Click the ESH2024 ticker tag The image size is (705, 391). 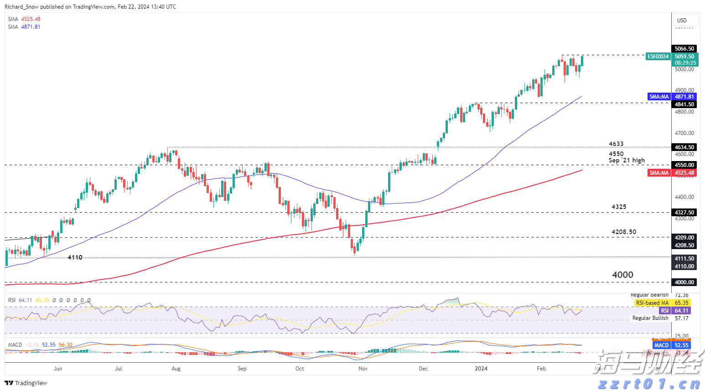[x=658, y=57]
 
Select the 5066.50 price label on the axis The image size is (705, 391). [x=684, y=49]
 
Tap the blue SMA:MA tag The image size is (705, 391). [x=659, y=97]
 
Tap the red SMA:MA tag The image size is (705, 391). [x=659, y=173]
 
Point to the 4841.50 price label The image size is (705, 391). [x=684, y=104]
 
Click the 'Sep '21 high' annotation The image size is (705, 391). [x=627, y=161]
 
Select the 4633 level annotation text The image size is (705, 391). [x=616, y=144]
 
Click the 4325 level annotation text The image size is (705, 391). [x=619, y=207]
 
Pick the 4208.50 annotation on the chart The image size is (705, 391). [x=624, y=232]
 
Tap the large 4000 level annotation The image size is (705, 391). [x=622, y=275]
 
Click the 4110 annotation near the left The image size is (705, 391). [x=75, y=258]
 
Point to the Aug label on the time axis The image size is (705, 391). [x=176, y=369]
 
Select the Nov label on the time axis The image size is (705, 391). [x=363, y=369]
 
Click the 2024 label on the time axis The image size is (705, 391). [x=481, y=369]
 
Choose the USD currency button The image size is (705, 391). [x=682, y=21]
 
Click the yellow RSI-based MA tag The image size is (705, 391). [x=652, y=303]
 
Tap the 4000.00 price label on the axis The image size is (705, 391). [x=684, y=282]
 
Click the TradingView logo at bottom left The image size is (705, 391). [x=26, y=383]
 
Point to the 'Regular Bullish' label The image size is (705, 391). [x=650, y=318]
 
